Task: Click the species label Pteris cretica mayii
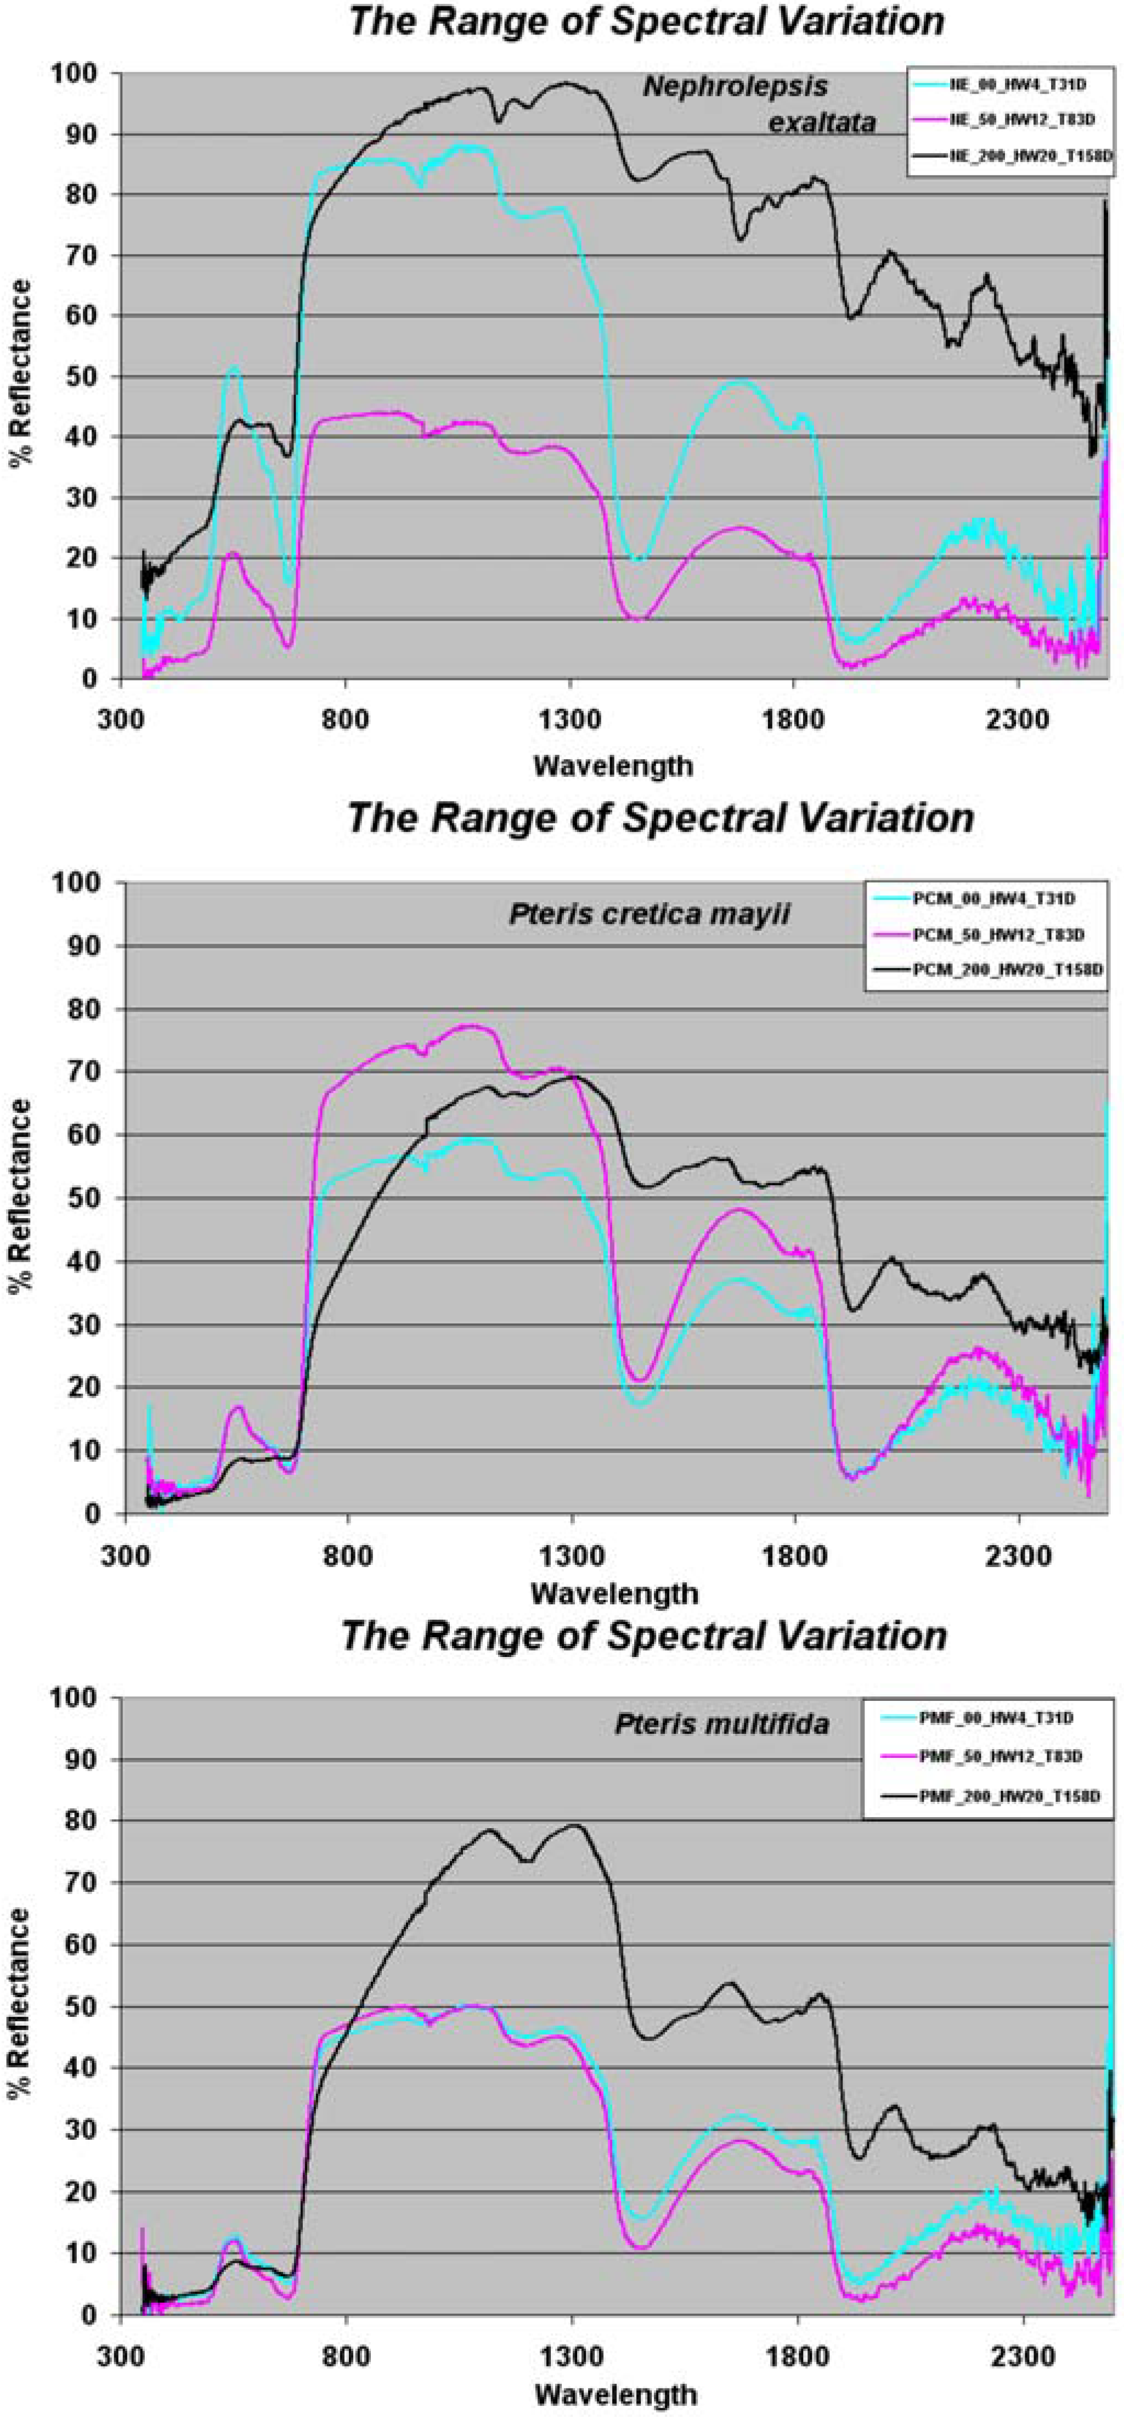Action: click(x=649, y=914)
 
